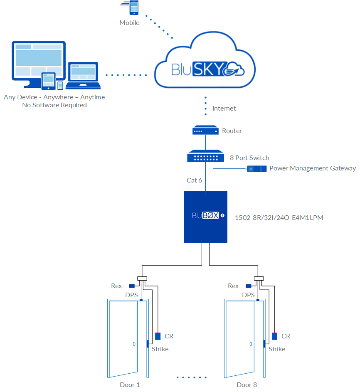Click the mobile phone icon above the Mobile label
(134, 8)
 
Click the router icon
(205, 131)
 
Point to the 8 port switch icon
(205, 157)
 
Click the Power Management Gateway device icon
(256, 168)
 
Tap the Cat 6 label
(195, 180)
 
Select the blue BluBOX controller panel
(205, 217)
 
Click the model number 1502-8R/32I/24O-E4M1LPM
(279, 217)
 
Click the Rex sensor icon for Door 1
(132, 286)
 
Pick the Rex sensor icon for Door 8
(249, 286)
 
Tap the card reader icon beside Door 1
(158, 336)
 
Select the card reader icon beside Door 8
(275, 336)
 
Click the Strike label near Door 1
(160, 349)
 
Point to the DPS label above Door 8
(248, 295)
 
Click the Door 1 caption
(130, 385)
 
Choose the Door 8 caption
(247, 385)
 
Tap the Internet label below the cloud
(224, 108)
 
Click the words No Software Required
(54, 105)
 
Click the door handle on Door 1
(134, 344)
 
